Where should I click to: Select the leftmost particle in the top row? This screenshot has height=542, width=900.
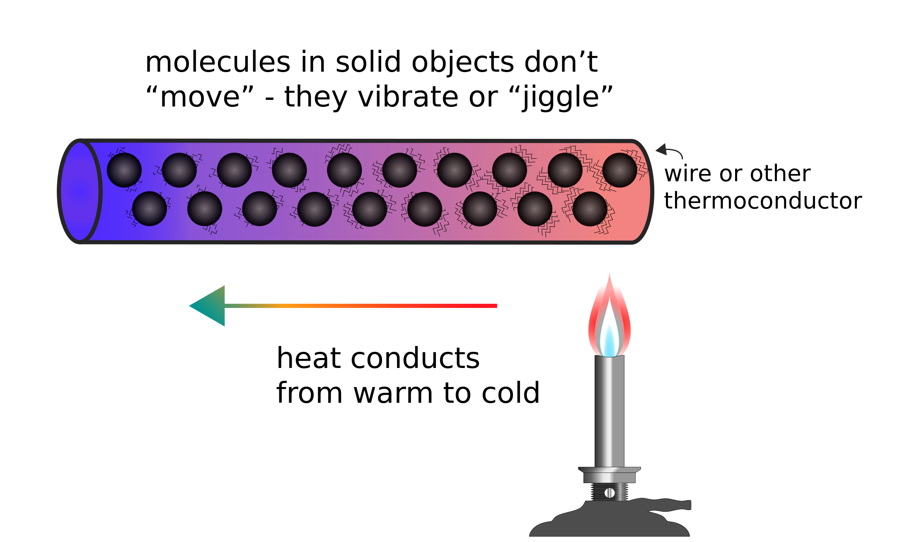124,170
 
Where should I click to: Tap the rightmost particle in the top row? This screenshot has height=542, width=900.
619,170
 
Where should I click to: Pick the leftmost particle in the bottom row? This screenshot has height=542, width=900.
150,208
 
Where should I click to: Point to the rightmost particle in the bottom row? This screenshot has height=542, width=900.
590,209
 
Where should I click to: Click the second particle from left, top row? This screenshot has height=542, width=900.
179,170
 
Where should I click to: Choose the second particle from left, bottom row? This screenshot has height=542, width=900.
205,208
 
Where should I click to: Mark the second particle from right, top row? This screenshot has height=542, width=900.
565,170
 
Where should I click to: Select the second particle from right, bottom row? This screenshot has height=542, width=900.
535,209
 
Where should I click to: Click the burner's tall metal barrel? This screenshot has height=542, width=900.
609,410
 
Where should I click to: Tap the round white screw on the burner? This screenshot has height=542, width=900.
610,493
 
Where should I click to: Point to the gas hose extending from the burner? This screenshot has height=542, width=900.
671,505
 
